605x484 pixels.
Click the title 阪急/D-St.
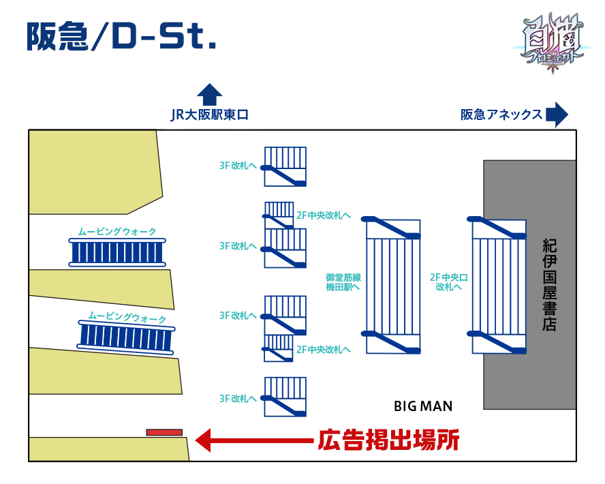(121, 37)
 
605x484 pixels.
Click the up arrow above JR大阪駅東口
(209, 95)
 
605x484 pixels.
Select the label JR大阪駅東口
(209, 115)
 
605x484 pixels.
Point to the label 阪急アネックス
(501, 115)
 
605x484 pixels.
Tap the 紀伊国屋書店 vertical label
(549, 285)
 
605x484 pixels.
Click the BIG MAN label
(422, 407)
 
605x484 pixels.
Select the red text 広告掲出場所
(388, 440)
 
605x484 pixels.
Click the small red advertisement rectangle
(164, 432)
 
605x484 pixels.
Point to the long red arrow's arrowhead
(204, 440)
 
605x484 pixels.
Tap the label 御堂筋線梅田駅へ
(343, 282)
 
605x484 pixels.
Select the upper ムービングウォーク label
(117, 232)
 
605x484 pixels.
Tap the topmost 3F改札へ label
(238, 166)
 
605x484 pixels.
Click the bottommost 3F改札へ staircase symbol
(285, 397)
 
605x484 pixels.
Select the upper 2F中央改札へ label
(324, 215)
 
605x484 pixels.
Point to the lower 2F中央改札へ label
(324, 350)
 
